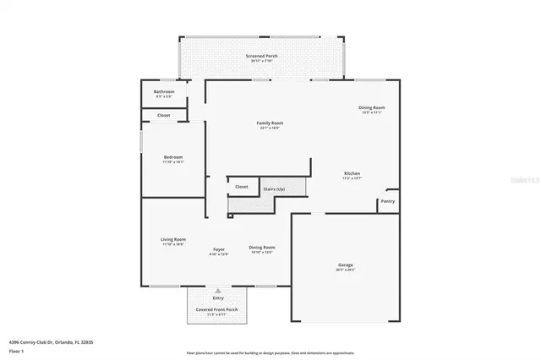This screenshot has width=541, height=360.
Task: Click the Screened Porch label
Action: point(261,56)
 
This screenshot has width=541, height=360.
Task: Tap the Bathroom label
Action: point(164,91)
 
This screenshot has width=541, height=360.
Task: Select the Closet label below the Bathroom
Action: point(164,115)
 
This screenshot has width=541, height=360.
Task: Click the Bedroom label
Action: point(173,157)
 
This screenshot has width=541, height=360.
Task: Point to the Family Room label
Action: point(270,123)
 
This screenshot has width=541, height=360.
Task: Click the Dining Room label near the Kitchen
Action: point(372,107)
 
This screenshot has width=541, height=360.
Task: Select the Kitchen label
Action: point(352,172)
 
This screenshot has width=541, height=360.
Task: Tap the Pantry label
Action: point(387,201)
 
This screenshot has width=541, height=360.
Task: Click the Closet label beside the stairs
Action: point(241,187)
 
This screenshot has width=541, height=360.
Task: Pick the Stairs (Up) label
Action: point(273,188)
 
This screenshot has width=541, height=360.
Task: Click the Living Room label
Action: point(173,240)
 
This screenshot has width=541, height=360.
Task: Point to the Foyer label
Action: point(218,249)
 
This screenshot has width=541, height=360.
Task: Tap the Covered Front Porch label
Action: point(218,310)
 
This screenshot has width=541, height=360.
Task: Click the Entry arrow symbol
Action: point(218,290)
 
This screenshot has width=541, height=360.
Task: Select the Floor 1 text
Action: point(15,349)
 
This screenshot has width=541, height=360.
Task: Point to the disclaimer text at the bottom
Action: point(270,353)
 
